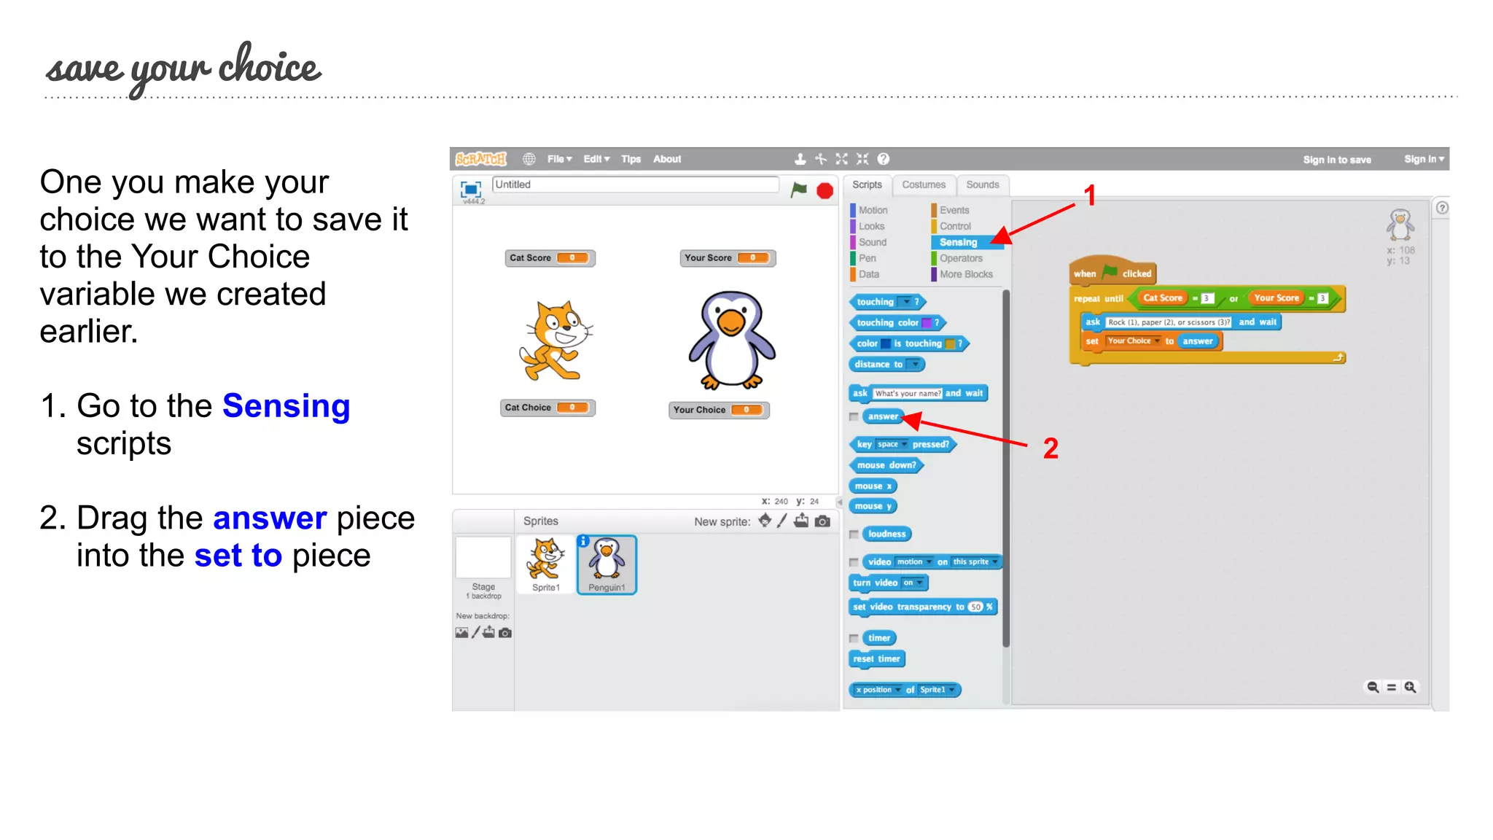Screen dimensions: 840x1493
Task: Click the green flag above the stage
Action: (x=799, y=190)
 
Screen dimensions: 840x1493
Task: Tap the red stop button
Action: (x=825, y=191)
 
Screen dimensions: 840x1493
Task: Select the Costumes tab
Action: (x=923, y=185)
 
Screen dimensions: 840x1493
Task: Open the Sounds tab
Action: (x=982, y=185)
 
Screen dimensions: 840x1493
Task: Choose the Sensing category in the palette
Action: (x=958, y=242)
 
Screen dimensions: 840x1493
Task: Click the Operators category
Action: (x=961, y=258)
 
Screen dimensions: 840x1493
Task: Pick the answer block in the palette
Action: (x=883, y=416)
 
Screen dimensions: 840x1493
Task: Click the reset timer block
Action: (x=877, y=659)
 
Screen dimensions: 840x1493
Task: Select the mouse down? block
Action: (x=886, y=465)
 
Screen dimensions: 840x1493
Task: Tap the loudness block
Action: (x=886, y=534)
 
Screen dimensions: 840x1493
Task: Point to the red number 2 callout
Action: (x=1050, y=448)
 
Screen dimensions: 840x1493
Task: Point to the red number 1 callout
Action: (x=1090, y=195)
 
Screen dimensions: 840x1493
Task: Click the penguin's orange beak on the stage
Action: (x=730, y=321)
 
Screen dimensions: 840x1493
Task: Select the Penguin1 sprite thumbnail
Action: (x=607, y=565)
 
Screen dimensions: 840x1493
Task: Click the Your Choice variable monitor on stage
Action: (x=718, y=410)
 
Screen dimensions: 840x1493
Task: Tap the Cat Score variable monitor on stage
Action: (x=550, y=258)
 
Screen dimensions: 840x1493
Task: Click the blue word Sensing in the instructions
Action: (x=286, y=406)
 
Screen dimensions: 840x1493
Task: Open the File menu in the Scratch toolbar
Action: (x=559, y=159)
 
